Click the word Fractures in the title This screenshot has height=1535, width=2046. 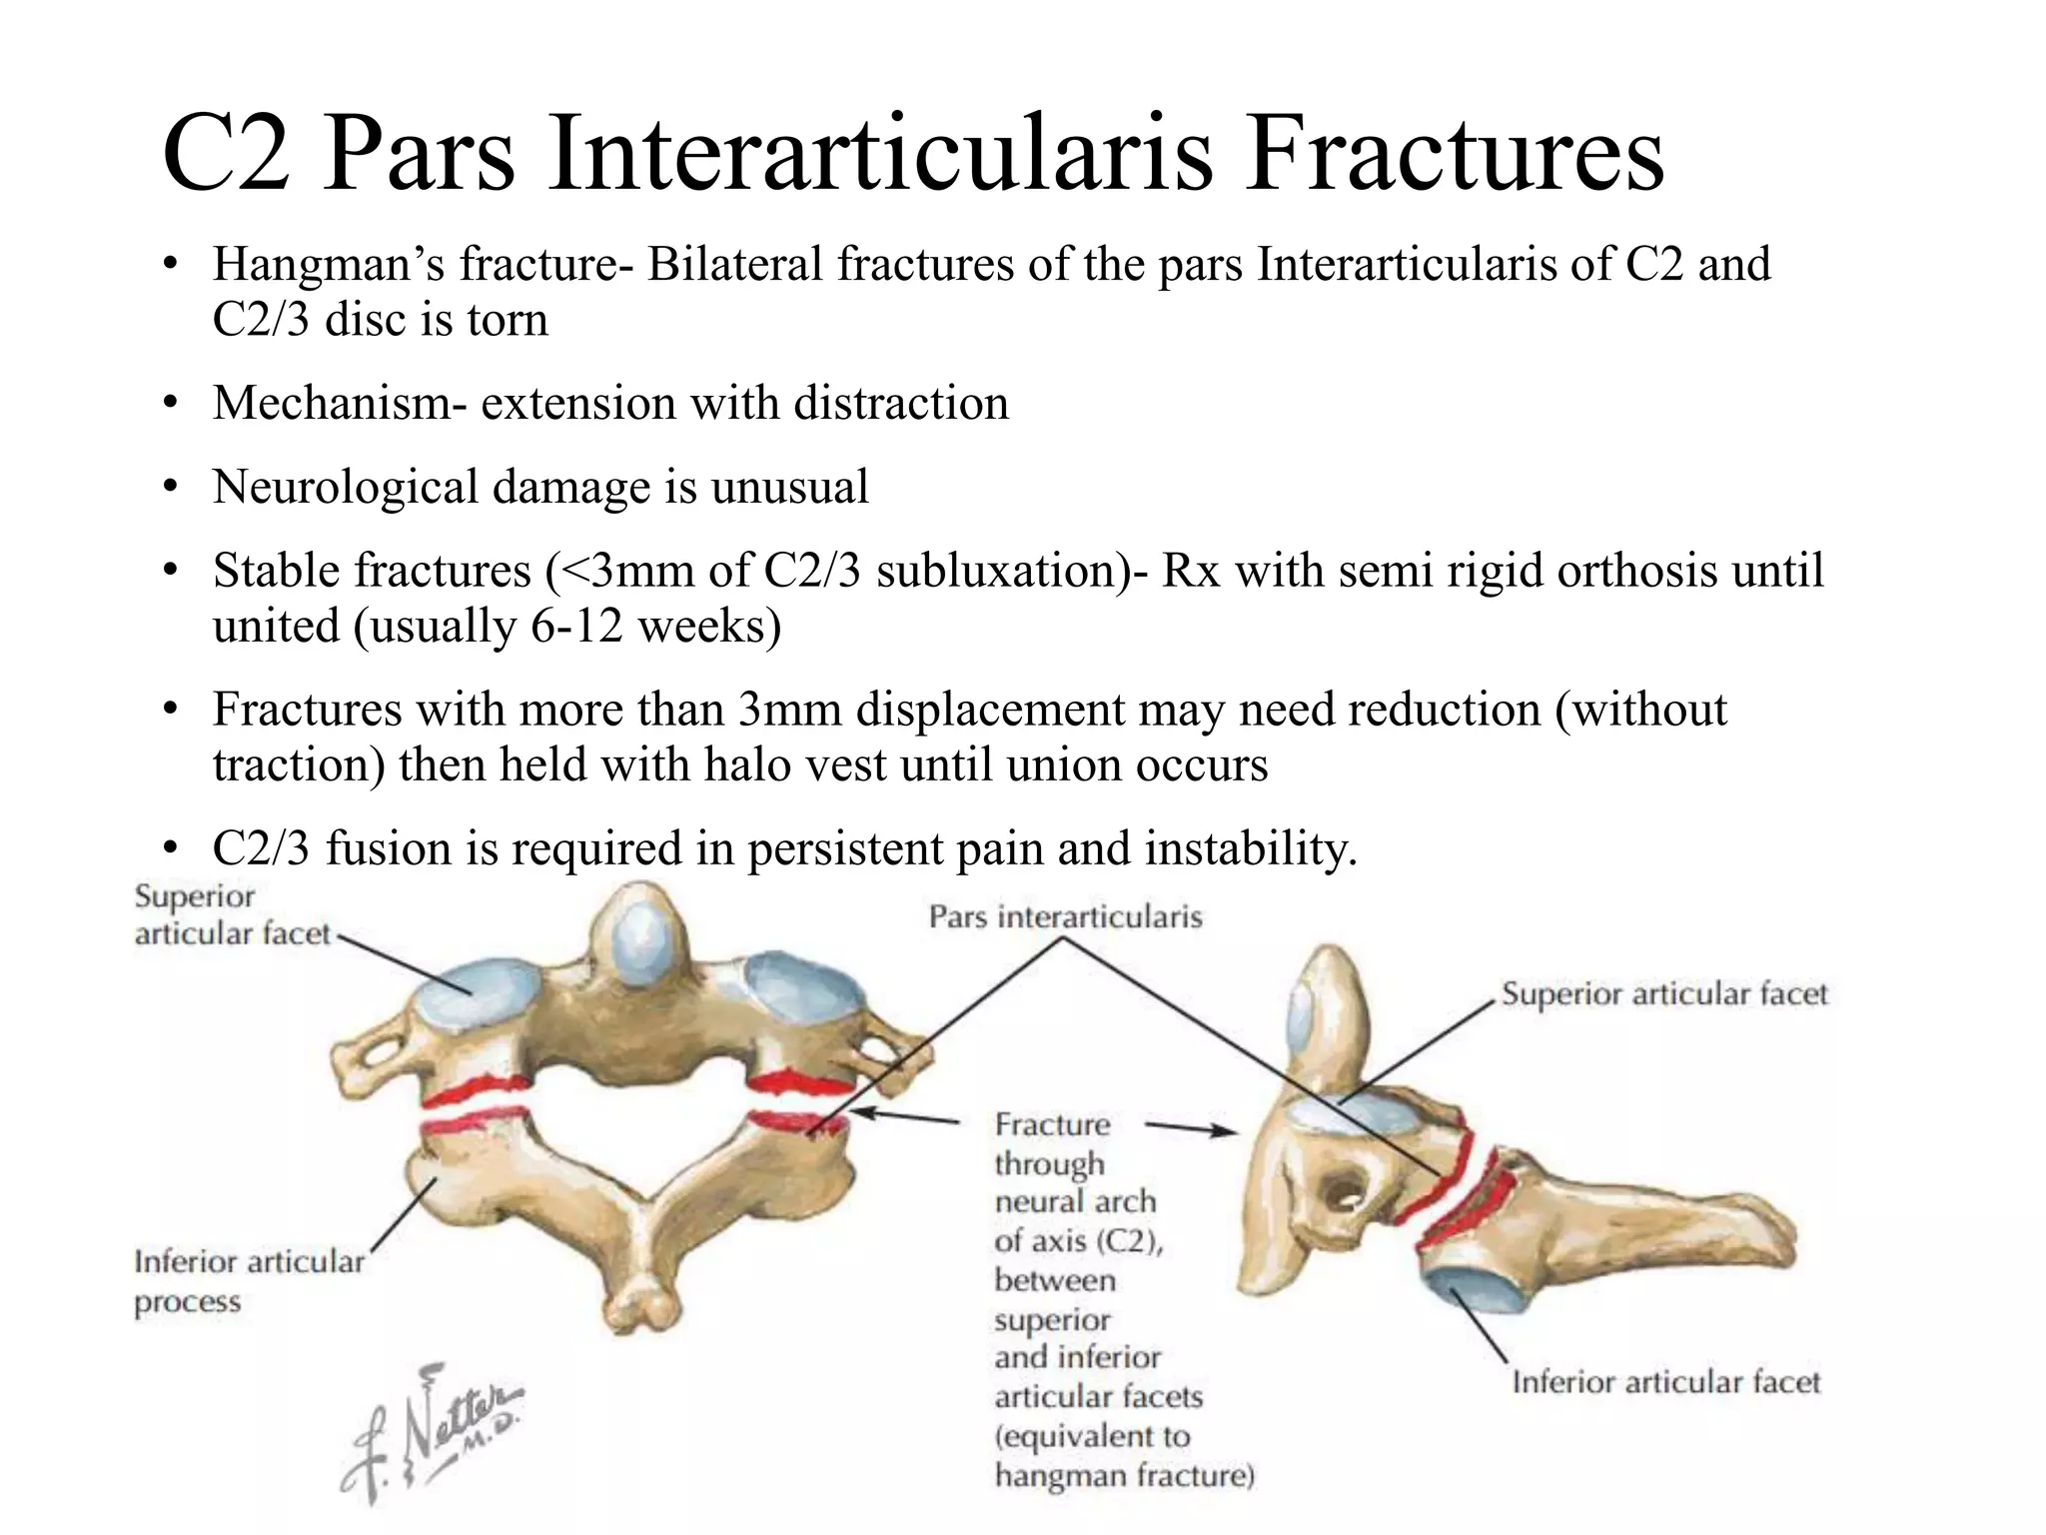pyautogui.click(x=1454, y=155)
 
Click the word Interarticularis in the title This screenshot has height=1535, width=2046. pyautogui.click(x=879, y=155)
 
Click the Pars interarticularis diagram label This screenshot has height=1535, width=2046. pyautogui.click(x=1065, y=916)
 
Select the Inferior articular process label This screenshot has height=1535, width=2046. pyautogui.click(x=248, y=1281)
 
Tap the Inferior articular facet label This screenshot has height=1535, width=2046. pyautogui.click(x=1665, y=1382)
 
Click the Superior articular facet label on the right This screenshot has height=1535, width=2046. pyautogui.click(x=1664, y=994)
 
